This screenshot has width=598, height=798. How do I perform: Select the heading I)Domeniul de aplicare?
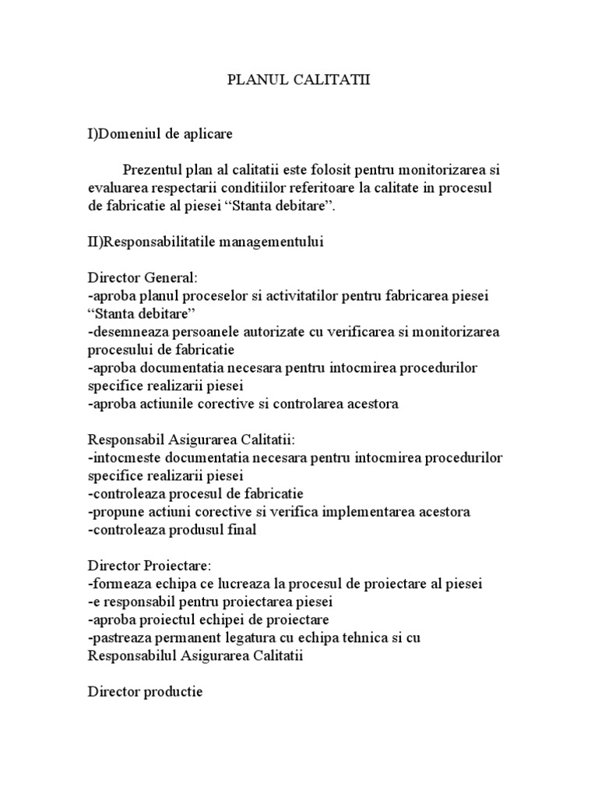(x=160, y=134)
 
